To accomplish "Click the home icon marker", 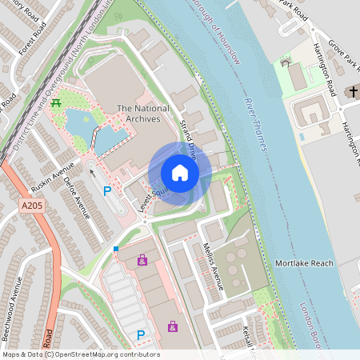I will coord(180,173).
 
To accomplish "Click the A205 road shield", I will coord(30,206).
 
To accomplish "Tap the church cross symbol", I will coord(352,92).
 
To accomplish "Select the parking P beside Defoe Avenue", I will coord(107,191).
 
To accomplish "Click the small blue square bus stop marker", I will coord(116,249).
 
